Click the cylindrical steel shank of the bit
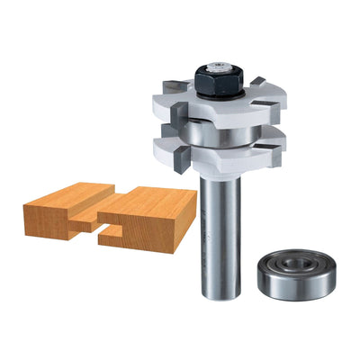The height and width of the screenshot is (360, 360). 220,234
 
